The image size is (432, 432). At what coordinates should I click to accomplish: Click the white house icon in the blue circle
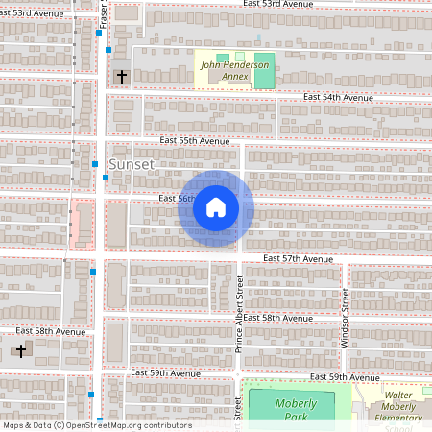216,207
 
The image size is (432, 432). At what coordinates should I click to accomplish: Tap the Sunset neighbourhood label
131,164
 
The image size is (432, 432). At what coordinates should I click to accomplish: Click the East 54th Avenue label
337,98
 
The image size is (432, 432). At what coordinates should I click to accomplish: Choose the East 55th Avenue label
196,140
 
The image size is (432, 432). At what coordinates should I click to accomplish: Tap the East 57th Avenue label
298,259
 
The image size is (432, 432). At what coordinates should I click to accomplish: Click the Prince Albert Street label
240,313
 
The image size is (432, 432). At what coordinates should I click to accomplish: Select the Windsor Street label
345,317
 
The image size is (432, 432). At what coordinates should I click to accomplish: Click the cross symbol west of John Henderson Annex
121,75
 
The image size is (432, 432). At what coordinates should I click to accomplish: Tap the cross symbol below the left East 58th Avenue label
21,350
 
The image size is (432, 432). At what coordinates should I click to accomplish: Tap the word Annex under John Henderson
235,76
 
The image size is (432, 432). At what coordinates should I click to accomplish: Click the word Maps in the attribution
13,425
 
